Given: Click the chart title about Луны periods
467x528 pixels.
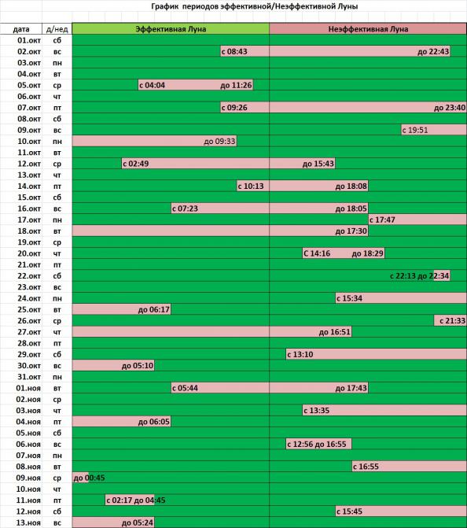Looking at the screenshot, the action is (x=255, y=6).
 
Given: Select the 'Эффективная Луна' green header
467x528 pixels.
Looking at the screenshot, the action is (x=171, y=29).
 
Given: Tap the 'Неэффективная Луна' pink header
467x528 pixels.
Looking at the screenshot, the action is (x=368, y=29).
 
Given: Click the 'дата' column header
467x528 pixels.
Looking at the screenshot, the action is (x=21, y=29).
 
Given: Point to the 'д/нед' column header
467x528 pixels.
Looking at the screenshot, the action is (x=57, y=29).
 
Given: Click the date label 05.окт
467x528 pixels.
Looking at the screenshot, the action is (x=29, y=85).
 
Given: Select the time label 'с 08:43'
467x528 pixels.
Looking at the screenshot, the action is (x=234, y=51).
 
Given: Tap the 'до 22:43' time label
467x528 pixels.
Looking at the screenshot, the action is (x=433, y=51).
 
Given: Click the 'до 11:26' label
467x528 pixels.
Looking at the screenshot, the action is (x=236, y=85).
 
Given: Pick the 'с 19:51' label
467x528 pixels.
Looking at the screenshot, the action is (x=415, y=130).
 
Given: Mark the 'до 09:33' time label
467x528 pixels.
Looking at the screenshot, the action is (x=219, y=141).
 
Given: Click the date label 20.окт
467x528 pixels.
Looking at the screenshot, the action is (x=29, y=253).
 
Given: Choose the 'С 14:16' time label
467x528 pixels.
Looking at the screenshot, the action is (x=317, y=253).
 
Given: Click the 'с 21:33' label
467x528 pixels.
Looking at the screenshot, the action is (x=452, y=320).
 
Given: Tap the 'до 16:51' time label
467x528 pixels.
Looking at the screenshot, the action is (x=334, y=332).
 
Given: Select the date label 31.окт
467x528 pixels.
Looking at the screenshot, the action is (x=29, y=377).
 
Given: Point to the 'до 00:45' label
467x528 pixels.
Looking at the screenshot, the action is (x=89, y=478).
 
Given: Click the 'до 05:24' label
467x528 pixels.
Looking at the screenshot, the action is (x=138, y=522).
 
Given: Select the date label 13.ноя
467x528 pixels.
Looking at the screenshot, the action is (x=28, y=522).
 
